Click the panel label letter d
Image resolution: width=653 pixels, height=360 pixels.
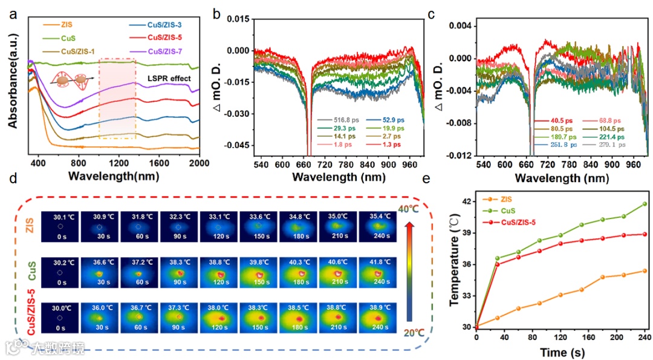pos(13,178)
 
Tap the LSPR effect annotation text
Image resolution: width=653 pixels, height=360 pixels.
pos(170,79)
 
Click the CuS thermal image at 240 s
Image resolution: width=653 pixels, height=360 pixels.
pos(376,273)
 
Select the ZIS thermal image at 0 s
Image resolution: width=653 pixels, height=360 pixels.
pos(59,226)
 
